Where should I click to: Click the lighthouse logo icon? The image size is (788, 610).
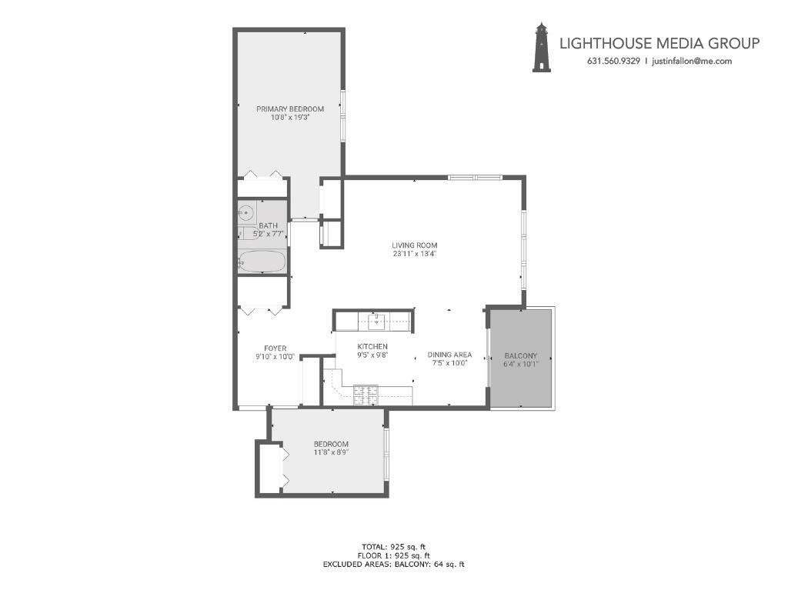tap(542, 48)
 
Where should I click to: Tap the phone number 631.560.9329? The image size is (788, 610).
tap(613, 62)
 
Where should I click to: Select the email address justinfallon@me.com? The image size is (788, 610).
tap(691, 62)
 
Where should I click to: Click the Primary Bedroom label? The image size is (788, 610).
tap(290, 109)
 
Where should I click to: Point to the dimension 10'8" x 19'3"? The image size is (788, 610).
tap(290, 118)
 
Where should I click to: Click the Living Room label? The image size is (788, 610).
tap(414, 245)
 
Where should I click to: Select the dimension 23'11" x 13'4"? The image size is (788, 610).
tap(414, 254)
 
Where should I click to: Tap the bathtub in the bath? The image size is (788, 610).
tap(262, 262)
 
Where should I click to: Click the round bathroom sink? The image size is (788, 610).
tap(246, 212)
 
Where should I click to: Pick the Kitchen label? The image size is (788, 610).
tap(372, 347)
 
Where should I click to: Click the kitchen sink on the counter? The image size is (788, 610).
tap(376, 319)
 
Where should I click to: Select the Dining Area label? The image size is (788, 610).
tap(449, 355)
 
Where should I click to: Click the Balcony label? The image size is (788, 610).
tap(520, 355)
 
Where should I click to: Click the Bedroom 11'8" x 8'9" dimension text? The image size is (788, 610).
tap(331, 453)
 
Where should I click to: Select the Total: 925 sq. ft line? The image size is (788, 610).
tap(393, 546)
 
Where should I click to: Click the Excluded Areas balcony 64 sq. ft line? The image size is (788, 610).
tap(393, 565)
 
